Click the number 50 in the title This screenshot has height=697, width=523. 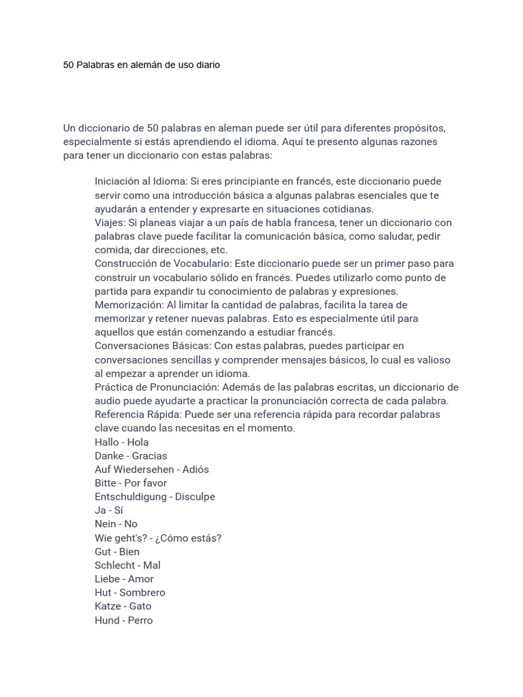click(x=69, y=65)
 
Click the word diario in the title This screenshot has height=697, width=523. click(x=206, y=65)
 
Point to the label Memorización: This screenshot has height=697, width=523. click(x=129, y=305)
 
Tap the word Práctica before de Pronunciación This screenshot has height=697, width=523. click(x=114, y=387)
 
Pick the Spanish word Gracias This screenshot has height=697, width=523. click(x=149, y=456)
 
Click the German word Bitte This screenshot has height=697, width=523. click(x=106, y=483)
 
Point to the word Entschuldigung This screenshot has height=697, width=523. click(x=130, y=497)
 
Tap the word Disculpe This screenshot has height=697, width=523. click(x=195, y=497)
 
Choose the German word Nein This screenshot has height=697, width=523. click(x=106, y=524)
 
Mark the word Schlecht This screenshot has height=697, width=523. click(x=115, y=565)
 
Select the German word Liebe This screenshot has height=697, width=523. click(x=108, y=579)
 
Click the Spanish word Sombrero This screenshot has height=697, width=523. click(x=142, y=593)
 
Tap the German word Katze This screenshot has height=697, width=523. click(x=108, y=606)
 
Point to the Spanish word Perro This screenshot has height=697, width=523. click(x=140, y=620)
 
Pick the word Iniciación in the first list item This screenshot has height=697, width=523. click(x=118, y=182)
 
